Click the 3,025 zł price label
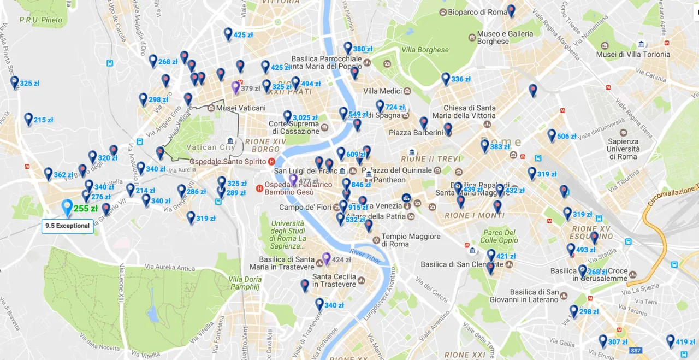[x=305, y=117]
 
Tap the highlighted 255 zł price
[x=85, y=209]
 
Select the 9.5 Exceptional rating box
[x=67, y=226]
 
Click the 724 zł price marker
[x=394, y=107]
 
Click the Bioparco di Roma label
[x=477, y=12]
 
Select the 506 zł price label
[x=566, y=137]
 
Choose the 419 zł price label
[x=685, y=343]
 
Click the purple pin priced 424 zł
[x=327, y=258]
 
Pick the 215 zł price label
[x=43, y=120]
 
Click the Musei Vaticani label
[x=241, y=108]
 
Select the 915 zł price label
[x=358, y=208]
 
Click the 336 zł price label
[x=460, y=79]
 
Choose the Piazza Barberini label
[x=416, y=133]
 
